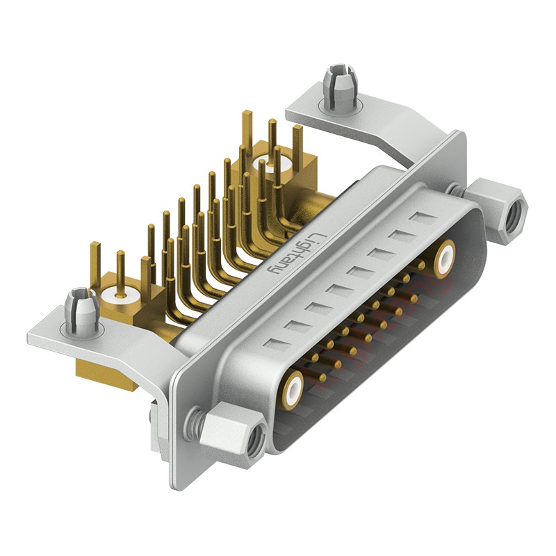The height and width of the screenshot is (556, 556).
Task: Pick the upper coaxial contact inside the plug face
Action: [443, 258]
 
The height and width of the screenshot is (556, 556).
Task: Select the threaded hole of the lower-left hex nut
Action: [255, 438]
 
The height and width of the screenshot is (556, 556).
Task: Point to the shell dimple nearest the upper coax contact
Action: [421, 220]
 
